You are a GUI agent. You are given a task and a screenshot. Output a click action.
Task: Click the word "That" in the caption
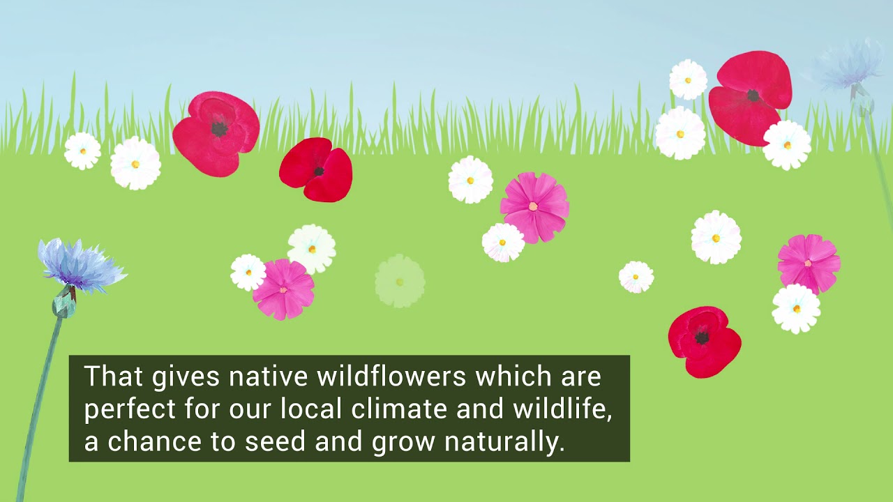112,377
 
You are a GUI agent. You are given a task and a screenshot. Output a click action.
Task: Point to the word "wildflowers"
391,377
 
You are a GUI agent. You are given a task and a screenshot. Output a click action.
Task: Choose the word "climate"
396,409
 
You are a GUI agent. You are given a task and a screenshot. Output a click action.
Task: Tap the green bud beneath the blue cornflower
64,305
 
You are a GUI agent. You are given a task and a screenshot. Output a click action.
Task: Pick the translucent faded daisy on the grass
400,281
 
